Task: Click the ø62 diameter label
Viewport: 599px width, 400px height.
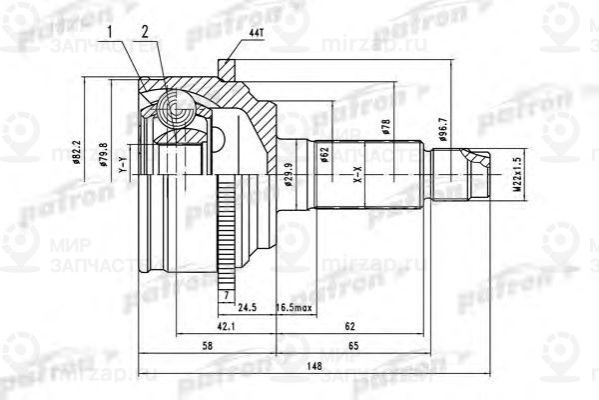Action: [324, 155]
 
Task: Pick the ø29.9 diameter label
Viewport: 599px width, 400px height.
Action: [289, 175]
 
